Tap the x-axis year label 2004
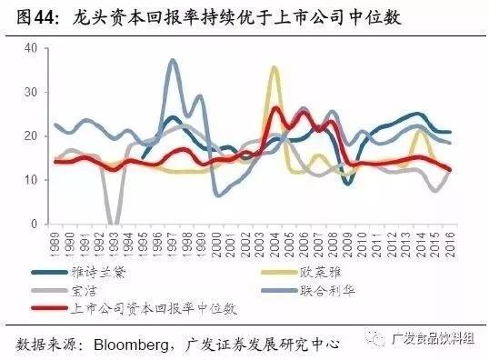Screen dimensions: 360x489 click(274, 242)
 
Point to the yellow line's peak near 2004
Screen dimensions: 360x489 click(274, 67)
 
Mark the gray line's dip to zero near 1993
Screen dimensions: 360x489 click(113, 222)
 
